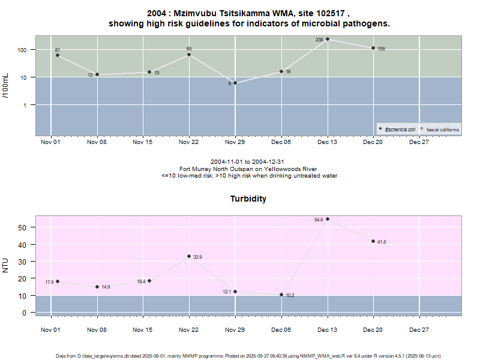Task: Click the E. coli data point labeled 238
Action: tap(328, 40)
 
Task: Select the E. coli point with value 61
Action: tap(58, 55)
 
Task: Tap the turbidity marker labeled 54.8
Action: tap(328, 219)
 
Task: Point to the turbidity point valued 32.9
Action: tap(189, 256)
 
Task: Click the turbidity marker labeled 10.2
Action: tap(281, 295)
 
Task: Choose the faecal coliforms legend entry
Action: tap(440, 129)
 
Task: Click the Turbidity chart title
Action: tap(248, 199)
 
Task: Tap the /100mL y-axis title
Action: tap(6, 85)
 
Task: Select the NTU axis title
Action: tap(6, 265)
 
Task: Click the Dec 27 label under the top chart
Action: tap(419, 143)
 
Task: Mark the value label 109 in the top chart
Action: tap(381, 49)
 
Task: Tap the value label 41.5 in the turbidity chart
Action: tap(382, 242)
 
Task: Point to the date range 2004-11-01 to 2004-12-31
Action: tap(248, 163)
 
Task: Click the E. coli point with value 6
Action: tap(235, 83)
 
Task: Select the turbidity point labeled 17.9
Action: tap(58, 281)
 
